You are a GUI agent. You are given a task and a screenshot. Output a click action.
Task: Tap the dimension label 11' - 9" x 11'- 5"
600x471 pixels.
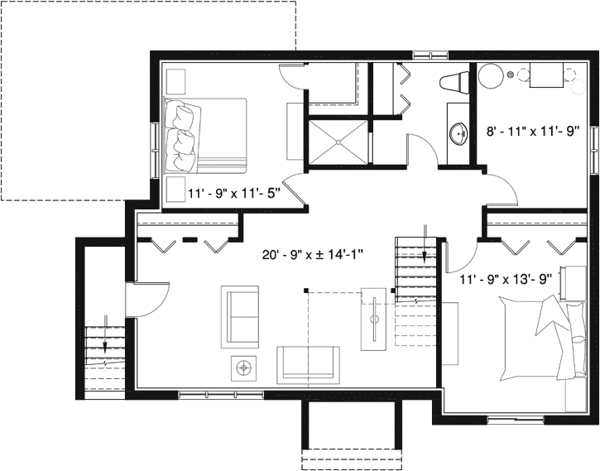coord(235,195)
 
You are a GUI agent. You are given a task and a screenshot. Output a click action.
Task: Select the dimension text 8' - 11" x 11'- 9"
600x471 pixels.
coord(531,130)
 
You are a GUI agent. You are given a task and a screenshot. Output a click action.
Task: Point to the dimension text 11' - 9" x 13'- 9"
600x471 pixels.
coord(506,279)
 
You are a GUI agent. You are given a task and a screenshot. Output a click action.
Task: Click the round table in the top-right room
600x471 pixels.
coord(490,77)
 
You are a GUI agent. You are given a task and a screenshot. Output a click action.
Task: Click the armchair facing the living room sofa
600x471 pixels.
coord(240,315)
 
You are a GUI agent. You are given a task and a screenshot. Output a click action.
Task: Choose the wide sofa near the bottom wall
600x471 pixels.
coord(308,363)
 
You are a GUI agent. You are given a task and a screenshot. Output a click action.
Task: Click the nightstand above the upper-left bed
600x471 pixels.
coord(175,81)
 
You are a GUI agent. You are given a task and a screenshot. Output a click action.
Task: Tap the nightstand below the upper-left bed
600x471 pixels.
coord(175,189)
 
